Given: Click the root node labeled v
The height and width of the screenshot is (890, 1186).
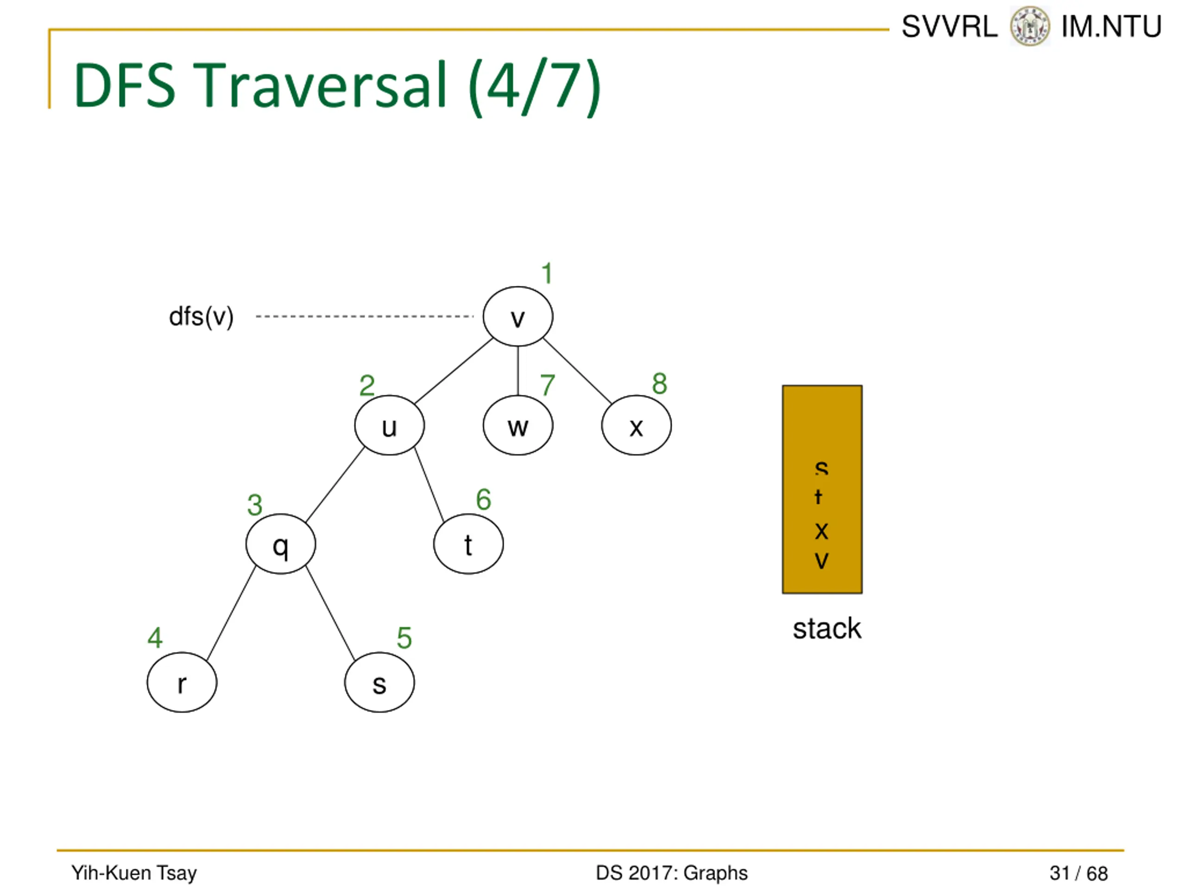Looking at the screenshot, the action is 517,317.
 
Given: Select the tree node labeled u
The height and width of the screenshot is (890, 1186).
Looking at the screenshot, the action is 389,426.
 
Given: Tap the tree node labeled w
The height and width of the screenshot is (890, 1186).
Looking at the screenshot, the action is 517,426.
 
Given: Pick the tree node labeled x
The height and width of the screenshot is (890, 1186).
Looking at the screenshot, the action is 636,426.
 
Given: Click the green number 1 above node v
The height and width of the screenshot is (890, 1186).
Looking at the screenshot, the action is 546,273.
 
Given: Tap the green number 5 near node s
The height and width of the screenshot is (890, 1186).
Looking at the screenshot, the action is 404,638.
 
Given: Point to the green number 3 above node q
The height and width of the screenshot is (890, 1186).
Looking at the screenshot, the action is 255,505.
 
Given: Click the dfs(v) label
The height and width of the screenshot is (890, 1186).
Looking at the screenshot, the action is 201,317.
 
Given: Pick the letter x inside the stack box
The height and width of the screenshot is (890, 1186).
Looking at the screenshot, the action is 821,531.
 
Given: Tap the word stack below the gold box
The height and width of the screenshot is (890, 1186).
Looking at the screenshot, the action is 827,629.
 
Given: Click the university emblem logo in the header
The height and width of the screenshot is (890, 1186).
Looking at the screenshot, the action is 1029,26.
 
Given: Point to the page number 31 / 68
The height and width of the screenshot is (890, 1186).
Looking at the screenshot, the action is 1078,873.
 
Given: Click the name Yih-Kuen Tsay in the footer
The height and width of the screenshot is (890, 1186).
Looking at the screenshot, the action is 134,873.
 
